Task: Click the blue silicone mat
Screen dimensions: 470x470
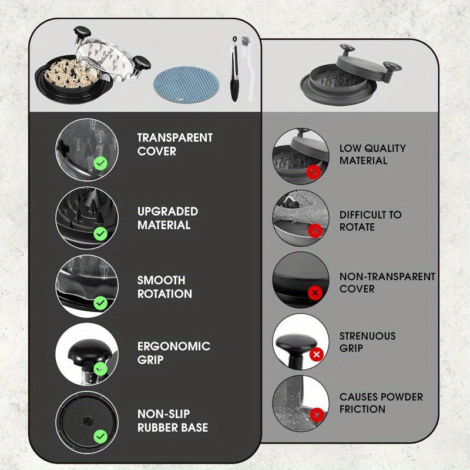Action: pyautogui.click(x=186, y=85)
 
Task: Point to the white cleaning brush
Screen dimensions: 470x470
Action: pyautogui.click(x=248, y=68)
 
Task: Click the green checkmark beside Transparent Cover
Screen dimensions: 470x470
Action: pyautogui.click(x=100, y=163)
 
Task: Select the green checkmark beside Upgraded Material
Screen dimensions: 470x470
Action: pyautogui.click(x=100, y=233)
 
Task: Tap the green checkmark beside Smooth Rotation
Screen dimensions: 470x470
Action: pyautogui.click(x=100, y=303)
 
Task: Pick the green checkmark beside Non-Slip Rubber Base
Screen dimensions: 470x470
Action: pyautogui.click(x=100, y=436)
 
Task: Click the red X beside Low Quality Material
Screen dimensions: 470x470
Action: pyautogui.click(x=314, y=172)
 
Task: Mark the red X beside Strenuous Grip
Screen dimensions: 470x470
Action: pyautogui.click(x=317, y=355)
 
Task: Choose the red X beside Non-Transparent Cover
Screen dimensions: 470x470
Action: pyautogui.click(x=315, y=293)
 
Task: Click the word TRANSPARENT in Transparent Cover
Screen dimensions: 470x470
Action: pyautogui.click(x=175, y=137)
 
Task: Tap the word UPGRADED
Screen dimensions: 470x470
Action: pyautogui.click(x=167, y=211)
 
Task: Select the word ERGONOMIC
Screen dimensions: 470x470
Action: pyautogui.click(x=174, y=346)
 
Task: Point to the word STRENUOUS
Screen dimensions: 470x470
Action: pyautogui.click(x=368, y=335)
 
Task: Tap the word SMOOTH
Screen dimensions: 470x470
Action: pyautogui.click(x=161, y=280)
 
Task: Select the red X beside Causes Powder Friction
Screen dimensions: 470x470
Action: pyautogui.click(x=317, y=415)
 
